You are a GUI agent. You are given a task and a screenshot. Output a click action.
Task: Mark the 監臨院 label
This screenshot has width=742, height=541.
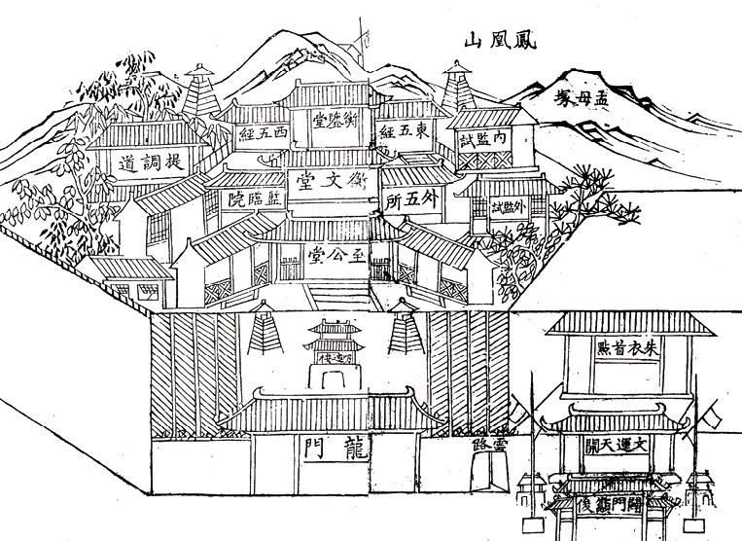247,199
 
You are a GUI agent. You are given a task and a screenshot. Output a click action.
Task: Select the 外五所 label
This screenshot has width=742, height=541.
406,202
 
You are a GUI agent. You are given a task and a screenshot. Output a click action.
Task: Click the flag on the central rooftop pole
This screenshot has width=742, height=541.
365,39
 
